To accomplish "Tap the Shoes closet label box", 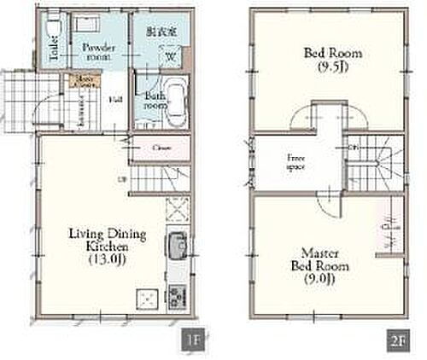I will (84, 81).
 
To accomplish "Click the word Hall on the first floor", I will (114, 100).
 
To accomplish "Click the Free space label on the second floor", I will (297, 161).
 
